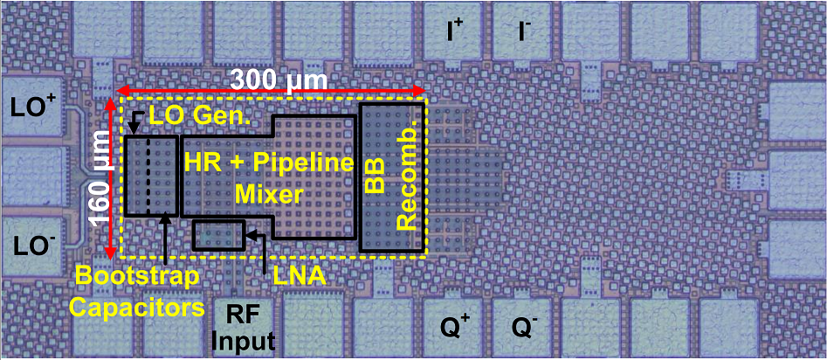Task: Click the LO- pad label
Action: point(33,247)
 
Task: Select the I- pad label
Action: point(524,32)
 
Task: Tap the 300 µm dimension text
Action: point(279,80)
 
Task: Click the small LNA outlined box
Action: point(218,234)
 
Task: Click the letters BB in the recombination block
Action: point(375,178)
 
